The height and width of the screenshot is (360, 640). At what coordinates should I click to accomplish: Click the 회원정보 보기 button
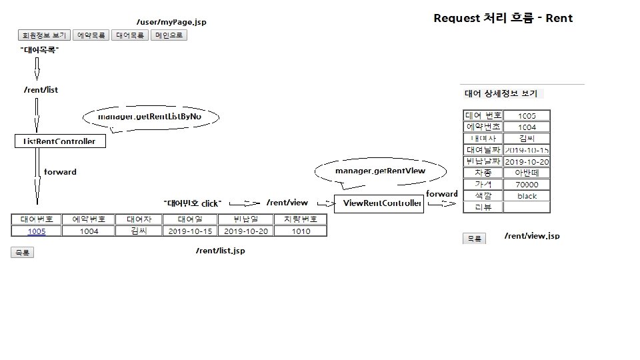tap(43, 35)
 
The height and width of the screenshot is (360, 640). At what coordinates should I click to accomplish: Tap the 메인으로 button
tap(169, 35)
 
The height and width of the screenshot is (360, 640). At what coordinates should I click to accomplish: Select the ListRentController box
tap(60, 141)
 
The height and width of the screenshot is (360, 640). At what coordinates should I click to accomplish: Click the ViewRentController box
tap(378, 203)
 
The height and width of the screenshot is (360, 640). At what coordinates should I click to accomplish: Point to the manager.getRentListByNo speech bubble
tap(151, 117)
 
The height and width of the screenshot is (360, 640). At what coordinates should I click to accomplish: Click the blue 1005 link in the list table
tap(37, 231)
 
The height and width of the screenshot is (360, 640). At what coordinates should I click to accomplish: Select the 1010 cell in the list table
tap(301, 231)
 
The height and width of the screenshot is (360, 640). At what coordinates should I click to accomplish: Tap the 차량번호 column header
tap(301, 219)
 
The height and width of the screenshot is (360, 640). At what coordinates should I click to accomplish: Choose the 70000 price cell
tap(527, 185)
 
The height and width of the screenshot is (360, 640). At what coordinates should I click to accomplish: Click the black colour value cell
tap(527, 196)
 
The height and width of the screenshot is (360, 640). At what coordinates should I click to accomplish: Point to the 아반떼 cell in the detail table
tap(527, 173)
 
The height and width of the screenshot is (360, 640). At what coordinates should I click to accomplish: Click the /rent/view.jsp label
tap(531, 236)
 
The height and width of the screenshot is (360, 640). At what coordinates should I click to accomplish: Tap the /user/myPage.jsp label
tap(171, 22)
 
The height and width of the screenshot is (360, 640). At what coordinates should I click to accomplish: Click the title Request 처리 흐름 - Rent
tap(503, 18)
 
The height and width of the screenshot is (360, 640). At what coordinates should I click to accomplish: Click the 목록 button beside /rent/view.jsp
tap(474, 239)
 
